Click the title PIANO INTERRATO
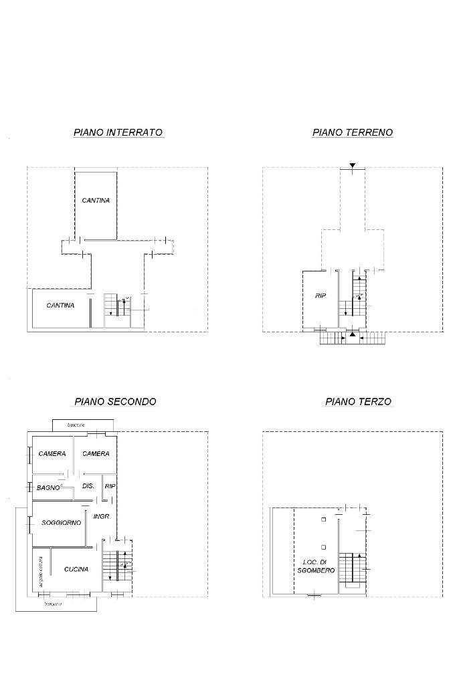tap(118, 132)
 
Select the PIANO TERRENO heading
tap(352, 132)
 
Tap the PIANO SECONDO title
tap(115, 402)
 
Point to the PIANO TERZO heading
tap(358, 402)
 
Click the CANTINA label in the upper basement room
tap(96, 201)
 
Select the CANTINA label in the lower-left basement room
tap(60, 306)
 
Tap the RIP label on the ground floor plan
tap(321, 296)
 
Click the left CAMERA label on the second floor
tap(52, 454)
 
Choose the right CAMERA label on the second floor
tap(96, 454)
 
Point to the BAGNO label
tap(48, 488)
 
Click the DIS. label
tap(88, 486)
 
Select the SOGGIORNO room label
tap(61, 523)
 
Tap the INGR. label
tap(102, 517)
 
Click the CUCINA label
tap(76, 570)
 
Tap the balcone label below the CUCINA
tap(54, 604)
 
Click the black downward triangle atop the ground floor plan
tap(353, 165)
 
